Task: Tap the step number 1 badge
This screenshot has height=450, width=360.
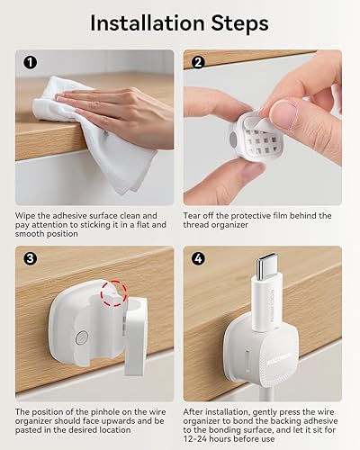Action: [x=30, y=64]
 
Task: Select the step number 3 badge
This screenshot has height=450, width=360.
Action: [x=30, y=260]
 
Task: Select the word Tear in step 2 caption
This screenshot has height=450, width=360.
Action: [x=194, y=216]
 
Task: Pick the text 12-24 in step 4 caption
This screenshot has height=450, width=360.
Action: [x=200, y=441]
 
